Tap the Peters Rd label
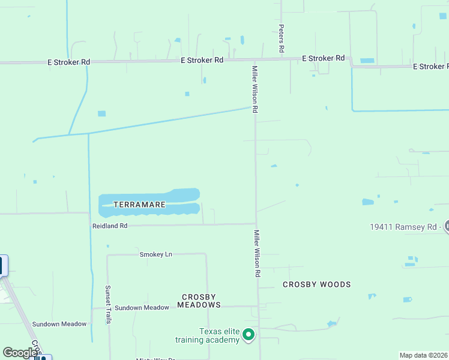pyautogui.click(x=281, y=37)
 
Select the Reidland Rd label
pyautogui.click(x=110, y=226)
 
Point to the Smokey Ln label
pyautogui.click(x=155, y=254)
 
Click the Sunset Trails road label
pyautogui.click(x=109, y=304)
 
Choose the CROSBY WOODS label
pyautogui.click(x=316, y=284)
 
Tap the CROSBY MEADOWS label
pyautogui.click(x=201, y=301)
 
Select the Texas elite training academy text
pyautogui.click(x=208, y=336)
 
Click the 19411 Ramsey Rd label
pyautogui.click(x=406, y=227)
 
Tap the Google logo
pyautogui.click(x=20, y=353)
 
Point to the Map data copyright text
pyautogui.click(x=424, y=355)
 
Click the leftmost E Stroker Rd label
pyautogui.click(x=69, y=62)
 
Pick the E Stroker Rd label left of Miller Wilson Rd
pyautogui.click(x=202, y=60)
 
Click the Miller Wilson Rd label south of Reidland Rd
pyautogui.click(x=257, y=253)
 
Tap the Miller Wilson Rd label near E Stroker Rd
pyautogui.click(x=255, y=89)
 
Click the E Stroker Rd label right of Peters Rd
pyautogui.click(x=323, y=58)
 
